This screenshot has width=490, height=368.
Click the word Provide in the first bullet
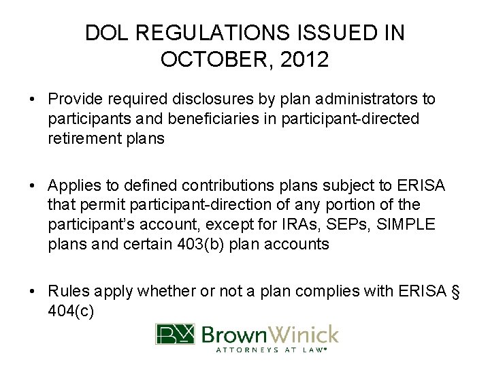tap(72, 99)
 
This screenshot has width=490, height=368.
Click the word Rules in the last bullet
tap(66, 291)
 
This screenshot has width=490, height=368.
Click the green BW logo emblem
tap(175, 335)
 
